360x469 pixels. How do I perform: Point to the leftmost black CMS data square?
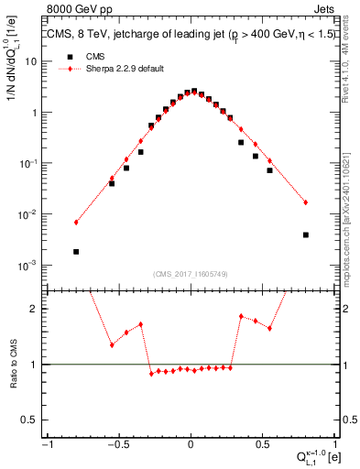click(x=76, y=251)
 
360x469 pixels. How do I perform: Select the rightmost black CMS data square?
click(x=306, y=234)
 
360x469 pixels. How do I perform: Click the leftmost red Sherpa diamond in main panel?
click(x=76, y=222)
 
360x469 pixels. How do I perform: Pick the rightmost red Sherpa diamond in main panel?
click(x=306, y=202)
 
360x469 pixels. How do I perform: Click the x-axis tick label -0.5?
click(x=117, y=446)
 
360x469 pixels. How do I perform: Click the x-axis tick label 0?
click(x=191, y=446)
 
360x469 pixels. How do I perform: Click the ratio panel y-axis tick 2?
click(x=35, y=309)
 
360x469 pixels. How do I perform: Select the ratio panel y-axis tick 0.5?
click(x=31, y=420)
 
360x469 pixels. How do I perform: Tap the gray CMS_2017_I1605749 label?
click(x=191, y=273)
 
